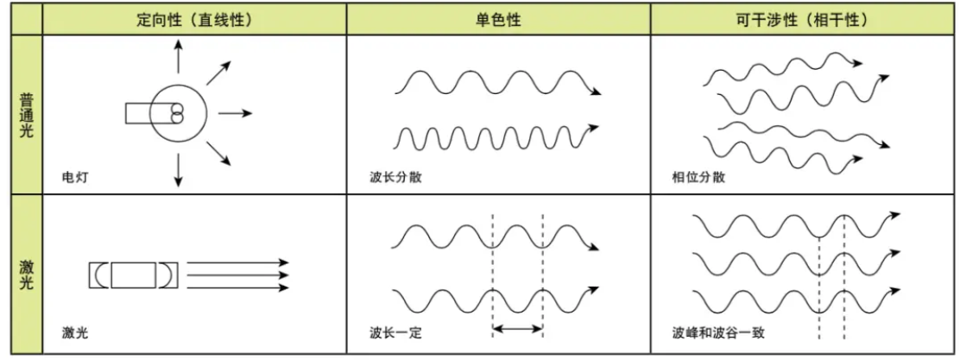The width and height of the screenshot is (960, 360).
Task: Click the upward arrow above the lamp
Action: tap(179, 57)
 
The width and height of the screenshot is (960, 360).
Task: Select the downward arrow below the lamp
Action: tap(179, 169)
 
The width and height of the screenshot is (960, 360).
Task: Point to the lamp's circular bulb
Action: tap(179, 113)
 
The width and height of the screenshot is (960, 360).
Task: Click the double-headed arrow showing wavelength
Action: tap(517, 328)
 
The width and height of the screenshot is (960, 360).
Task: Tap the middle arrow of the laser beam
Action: tap(237, 275)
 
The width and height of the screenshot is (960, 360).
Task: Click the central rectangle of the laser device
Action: tap(133, 275)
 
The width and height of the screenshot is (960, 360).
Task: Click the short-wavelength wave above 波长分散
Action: tap(492, 136)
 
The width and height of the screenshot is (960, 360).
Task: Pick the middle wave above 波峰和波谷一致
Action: tap(794, 262)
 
